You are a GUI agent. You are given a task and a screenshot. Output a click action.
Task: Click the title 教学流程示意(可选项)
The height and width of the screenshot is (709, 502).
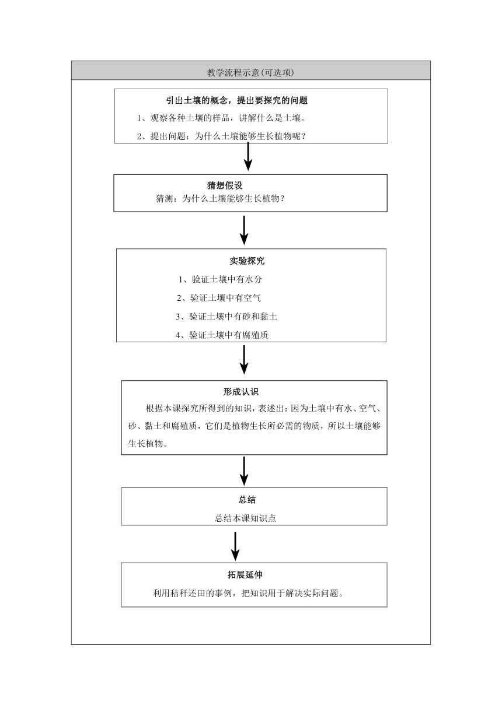[x=250, y=72]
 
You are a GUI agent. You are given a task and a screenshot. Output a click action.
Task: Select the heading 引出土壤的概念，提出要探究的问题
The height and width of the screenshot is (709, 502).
[x=237, y=100]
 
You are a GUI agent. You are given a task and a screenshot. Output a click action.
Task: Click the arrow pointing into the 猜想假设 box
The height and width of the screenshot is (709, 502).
[x=248, y=156]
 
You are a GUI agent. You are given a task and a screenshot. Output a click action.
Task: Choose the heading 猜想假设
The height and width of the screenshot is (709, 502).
[x=225, y=185]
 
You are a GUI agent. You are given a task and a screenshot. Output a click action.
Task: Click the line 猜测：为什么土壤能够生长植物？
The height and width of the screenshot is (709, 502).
[x=220, y=198]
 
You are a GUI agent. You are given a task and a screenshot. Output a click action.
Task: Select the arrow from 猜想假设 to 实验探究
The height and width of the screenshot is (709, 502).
[x=244, y=230]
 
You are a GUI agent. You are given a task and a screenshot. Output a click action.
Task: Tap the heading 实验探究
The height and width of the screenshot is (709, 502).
[x=247, y=261]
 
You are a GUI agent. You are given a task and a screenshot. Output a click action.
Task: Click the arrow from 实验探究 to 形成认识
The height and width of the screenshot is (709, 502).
[x=244, y=360]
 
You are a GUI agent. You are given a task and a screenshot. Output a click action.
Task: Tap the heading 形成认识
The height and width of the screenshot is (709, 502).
[x=241, y=392]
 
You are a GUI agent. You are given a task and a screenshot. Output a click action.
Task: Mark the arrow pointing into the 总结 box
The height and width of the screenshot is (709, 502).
[x=244, y=471]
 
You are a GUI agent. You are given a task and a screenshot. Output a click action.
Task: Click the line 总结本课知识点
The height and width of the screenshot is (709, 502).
[x=245, y=518]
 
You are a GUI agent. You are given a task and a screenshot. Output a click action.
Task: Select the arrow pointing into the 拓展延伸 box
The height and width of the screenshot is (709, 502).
[x=235, y=546]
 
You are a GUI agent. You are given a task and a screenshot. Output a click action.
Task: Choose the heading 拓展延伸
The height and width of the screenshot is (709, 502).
[x=245, y=575]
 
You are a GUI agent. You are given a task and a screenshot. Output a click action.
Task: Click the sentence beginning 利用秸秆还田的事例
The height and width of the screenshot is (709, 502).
[x=248, y=593]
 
